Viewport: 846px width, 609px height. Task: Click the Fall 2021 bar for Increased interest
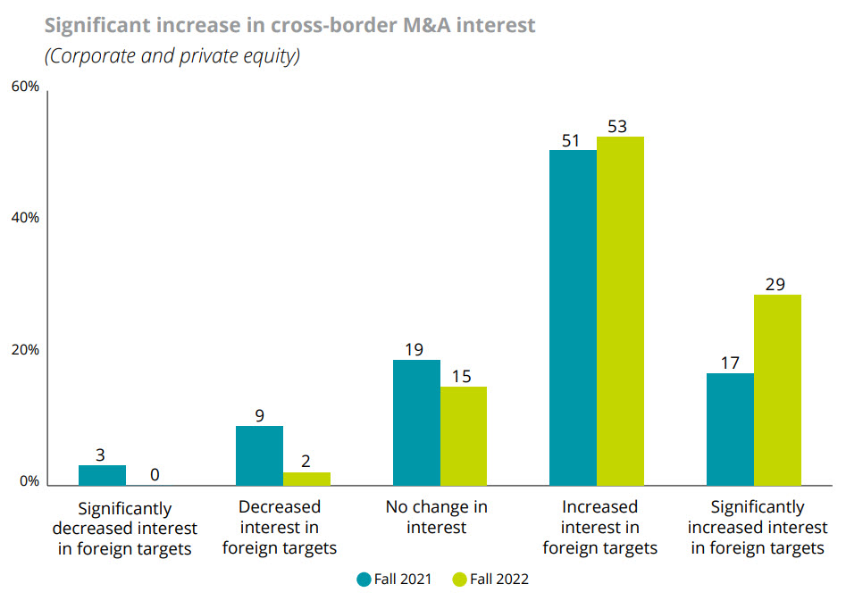tap(573, 318)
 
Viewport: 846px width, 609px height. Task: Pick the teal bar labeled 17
tap(730, 430)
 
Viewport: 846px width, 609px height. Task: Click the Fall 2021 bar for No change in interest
tap(415, 422)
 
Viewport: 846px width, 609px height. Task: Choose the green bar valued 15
tap(463, 436)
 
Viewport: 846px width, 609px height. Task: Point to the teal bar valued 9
tap(259, 455)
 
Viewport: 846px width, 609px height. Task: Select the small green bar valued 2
tap(306, 479)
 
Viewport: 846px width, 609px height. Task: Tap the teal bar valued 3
tap(102, 475)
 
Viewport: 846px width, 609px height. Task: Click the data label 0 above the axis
tap(155, 474)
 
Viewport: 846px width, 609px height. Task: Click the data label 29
tap(775, 284)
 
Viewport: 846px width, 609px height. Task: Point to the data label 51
tap(571, 140)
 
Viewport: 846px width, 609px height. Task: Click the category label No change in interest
tap(437, 517)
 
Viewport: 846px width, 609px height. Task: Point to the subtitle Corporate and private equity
tap(172, 56)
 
